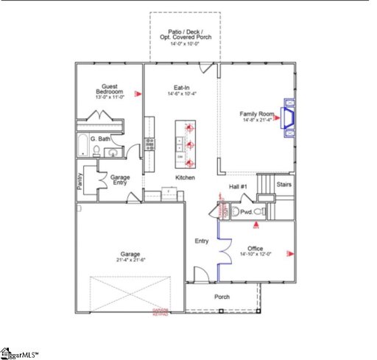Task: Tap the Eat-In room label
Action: coord(180,91)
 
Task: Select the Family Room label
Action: coord(256,116)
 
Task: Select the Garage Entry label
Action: coord(120,181)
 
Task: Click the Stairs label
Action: coord(284,185)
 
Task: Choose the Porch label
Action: coord(222,297)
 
